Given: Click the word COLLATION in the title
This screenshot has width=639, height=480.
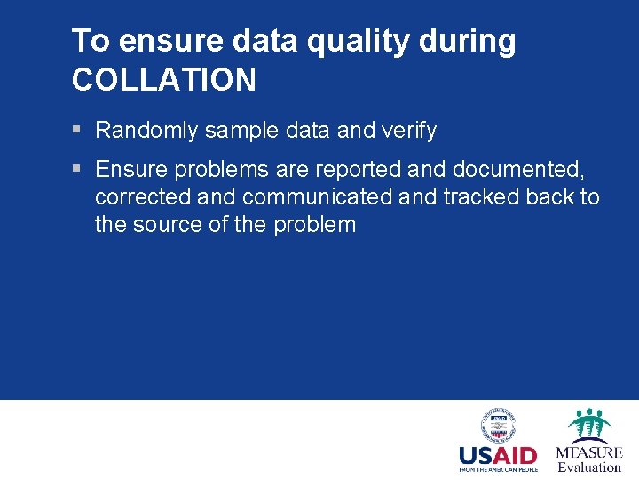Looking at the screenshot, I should pyautogui.click(x=164, y=80).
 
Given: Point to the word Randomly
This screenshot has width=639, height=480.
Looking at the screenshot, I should pyautogui.click(x=146, y=131).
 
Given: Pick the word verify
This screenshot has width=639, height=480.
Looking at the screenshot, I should pyautogui.click(x=409, y=131).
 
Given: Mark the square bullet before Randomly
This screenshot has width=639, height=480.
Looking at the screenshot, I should pyautogui.click(x=77, y=131).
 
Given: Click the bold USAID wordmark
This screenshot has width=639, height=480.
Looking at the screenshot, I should pyautogui.click(x=498, y=456).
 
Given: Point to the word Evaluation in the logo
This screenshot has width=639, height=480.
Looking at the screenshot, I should pyautogui.click(x=589, y=468).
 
